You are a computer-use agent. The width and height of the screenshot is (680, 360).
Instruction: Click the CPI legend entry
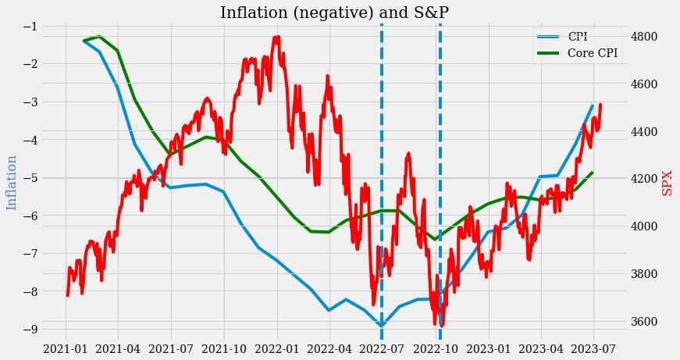coord(578,37)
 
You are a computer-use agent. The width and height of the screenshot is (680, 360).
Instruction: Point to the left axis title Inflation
coord(12,183)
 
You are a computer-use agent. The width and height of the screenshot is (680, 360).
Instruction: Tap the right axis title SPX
coord(667,183)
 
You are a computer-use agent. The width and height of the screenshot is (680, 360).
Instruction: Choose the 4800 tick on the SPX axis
coord(646,37)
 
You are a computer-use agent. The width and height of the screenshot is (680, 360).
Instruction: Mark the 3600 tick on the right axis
coord(646,322)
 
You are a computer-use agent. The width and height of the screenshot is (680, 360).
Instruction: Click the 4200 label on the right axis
coord(646,179)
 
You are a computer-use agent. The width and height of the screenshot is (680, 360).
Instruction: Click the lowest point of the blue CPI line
coord(381,326)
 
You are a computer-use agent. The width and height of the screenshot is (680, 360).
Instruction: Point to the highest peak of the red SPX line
coord(277,37)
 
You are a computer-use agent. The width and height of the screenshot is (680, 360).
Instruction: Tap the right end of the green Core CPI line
coord(593,173)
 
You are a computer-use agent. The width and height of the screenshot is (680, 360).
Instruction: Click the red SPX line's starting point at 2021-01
coord(67,295)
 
